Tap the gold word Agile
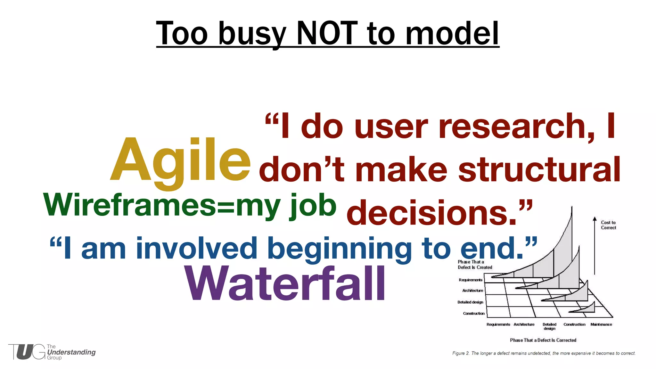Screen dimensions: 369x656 pyautogui.click(x=180, y=160)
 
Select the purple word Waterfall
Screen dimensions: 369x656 pyautogui.click(x=285, y=284)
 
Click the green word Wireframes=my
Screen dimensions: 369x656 pyautogui.click(x=162, y=205)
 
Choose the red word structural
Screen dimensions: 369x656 pyautogui.click(x=539, y=170)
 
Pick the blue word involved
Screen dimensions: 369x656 pyautogui.click(x=197, y=249)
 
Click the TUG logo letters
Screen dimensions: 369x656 pyautogui.click(x=27, y=352)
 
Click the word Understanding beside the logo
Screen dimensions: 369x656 pyautogui.click(x=71, y=352)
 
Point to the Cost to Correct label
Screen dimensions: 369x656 pyautogui.click(x=608, y=225)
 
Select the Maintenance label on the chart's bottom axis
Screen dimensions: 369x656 pyautogui.click(x=601, y=324)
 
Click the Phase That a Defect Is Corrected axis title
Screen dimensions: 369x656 pyautogui.click(x=543, y=340)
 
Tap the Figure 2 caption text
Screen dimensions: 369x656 pyautogui.click(x=544, y=353)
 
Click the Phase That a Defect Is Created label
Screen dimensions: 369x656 pyautogui.click(x=474, y=265)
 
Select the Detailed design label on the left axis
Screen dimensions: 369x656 pyautogui.click(x=470, y=302)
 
